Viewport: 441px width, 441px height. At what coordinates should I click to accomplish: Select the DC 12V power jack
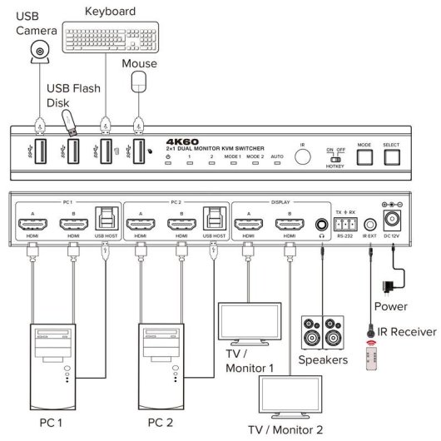pos(390,220)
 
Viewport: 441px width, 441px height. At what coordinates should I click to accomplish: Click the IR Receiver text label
pos(406,331)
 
